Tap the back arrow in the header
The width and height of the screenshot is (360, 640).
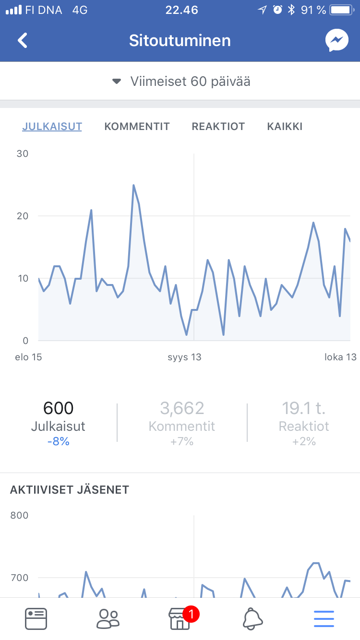point(23,41)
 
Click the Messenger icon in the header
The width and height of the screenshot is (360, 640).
point(336,41)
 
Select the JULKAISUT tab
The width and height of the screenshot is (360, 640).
point(52,127)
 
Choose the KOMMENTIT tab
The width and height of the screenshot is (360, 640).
point(137,127)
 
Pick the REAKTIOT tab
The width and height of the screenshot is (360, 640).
point(218,127)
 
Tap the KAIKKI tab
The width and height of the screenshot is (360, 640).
point(285,127)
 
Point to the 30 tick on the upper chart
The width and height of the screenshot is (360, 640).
point(22,154)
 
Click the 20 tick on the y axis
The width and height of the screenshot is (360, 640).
point(22,216)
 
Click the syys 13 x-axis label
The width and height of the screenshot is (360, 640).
point(184,357)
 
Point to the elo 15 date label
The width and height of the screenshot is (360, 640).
point(29,357)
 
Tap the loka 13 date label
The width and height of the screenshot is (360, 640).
point(340,357)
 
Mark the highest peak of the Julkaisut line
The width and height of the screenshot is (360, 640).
point(133,185)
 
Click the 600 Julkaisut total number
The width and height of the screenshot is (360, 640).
point(58,408)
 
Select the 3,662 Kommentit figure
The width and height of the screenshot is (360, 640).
point(182,408)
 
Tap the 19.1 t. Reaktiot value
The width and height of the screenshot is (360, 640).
point(303,408)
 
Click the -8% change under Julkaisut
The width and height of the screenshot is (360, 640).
point(58,442)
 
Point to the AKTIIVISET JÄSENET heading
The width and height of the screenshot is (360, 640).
point(70,490)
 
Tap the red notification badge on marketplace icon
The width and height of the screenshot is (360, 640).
point(191,613)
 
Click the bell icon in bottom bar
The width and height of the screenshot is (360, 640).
point(252,619)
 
